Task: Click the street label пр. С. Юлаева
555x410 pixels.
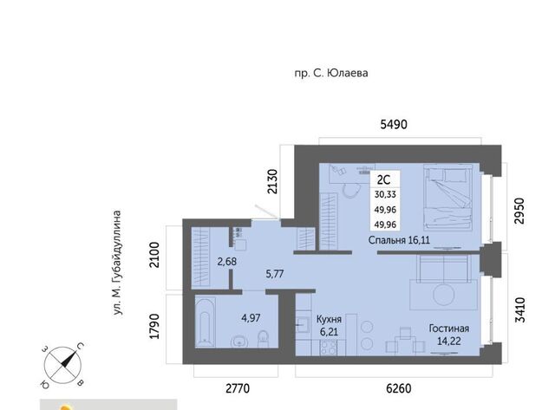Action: [x=331, y=73]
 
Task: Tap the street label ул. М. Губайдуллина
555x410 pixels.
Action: [x=117, y=263]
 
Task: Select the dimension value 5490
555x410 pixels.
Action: [x=394, y=124]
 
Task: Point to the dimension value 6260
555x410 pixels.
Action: [x=399, y=388]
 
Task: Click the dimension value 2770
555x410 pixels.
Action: [x=238, y=388]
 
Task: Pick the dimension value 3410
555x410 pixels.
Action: [x=519, y=310]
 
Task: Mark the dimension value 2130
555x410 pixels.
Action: [x=272, y=182]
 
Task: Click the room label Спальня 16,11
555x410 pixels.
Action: [x=399, y=240]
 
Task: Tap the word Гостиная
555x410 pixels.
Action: [x=449, y=329]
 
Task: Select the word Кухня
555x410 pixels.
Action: [x=329, y=320]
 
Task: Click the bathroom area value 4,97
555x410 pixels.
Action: [x=251, y=317]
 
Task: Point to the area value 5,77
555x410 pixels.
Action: [x=274, y=273]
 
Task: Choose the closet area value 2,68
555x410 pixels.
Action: [x=226, y=262]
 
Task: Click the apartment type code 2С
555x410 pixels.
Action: [x=383, y=179]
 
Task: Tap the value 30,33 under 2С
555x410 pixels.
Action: [x=385, y=194]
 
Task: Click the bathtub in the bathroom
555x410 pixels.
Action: [x=205, y=322]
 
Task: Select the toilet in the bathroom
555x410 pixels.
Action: [x=263, y=339]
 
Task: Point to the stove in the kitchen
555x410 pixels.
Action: [x=328, y=348]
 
